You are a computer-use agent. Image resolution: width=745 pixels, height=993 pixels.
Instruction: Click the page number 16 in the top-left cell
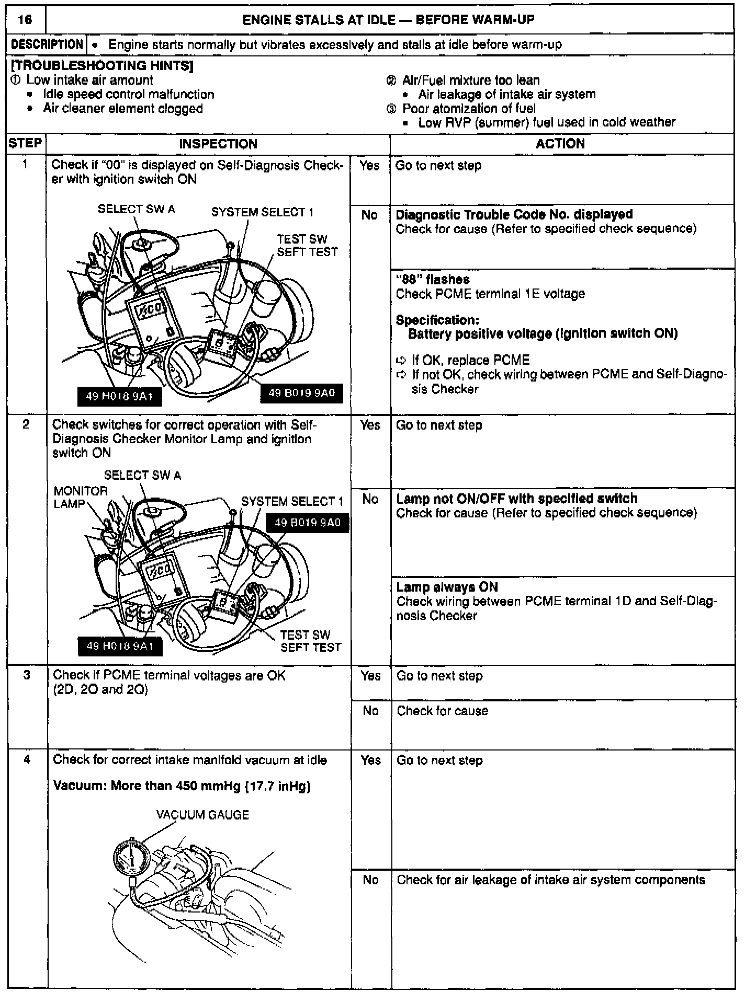click(25, 20)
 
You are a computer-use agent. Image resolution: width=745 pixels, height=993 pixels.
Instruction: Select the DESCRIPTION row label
click(47, 44)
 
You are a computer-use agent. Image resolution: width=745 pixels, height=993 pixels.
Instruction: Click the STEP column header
click(25, 143)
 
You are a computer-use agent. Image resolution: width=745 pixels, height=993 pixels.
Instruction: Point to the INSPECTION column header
click(218, 144)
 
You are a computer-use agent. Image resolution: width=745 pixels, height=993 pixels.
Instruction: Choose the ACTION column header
click(560, 144)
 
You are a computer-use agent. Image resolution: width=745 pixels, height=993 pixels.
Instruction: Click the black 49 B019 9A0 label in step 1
click(301, 393)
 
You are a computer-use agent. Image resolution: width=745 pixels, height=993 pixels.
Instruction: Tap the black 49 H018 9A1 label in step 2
click(120, 646)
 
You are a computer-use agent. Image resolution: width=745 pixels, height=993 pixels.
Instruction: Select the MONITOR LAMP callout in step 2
click(81, 497)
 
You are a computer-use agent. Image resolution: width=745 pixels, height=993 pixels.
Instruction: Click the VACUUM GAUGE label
click(202, 815)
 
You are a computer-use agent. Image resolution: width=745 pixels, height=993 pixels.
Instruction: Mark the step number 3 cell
click(26, 675)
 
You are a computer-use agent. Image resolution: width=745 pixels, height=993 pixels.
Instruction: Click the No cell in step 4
click(370, 880)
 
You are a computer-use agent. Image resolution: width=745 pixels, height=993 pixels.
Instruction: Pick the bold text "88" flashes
click(433, 280)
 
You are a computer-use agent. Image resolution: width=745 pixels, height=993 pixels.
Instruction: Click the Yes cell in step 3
click(370, 676)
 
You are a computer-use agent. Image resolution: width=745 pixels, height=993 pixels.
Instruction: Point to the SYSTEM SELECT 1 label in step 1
click(262, 212)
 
